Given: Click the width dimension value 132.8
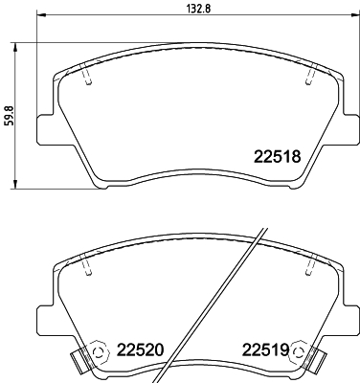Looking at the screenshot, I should pyautogui.click(x=182, y=11).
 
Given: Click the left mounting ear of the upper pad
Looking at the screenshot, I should pyautogui.click(x=43, y=125).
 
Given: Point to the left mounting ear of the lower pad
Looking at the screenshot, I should pyautogui.click(x=43, y=316).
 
